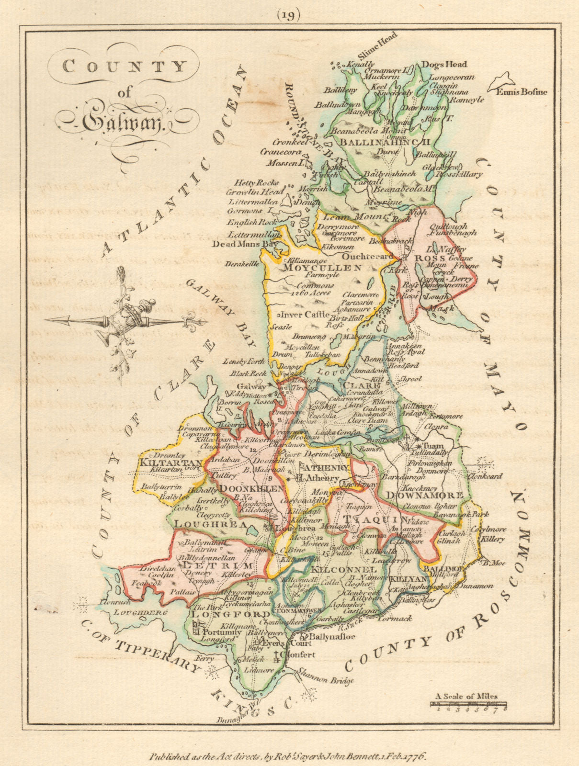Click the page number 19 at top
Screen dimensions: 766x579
(288, 15)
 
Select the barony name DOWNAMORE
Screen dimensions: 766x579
(424, 496)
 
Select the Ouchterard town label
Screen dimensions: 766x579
(367, 257)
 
